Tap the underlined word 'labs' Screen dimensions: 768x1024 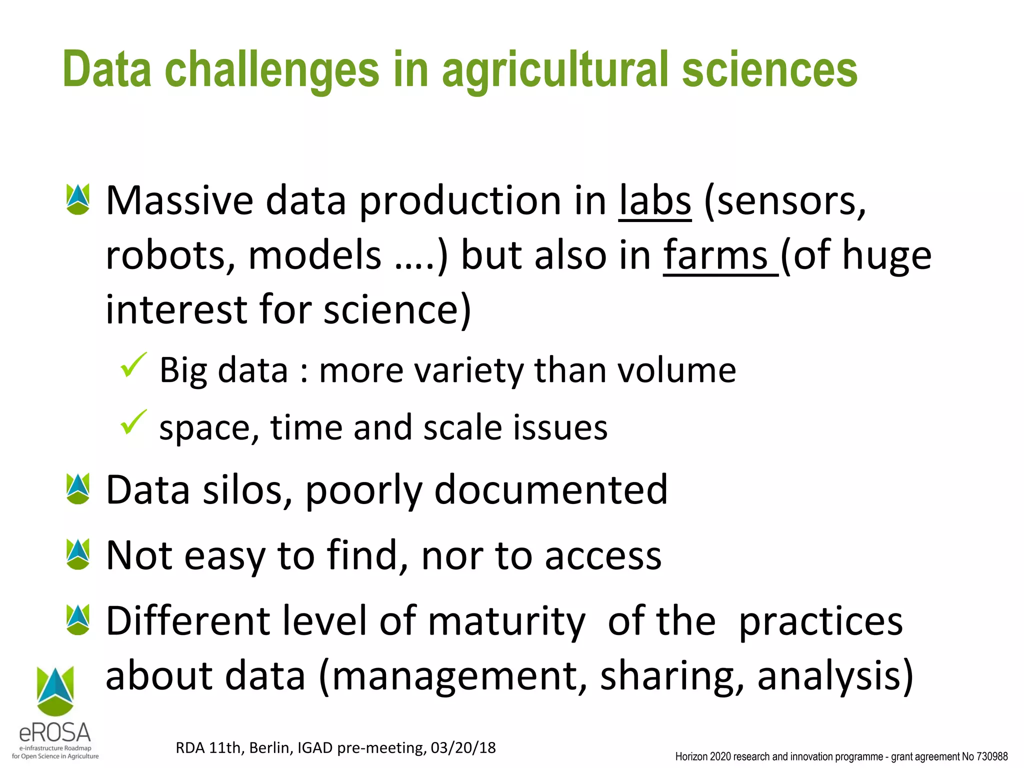pyautogui.click(x=655, y=201)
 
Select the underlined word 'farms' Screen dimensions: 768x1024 pyautogui.click(x=716, y=255)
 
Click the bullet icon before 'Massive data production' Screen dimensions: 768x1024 pyautogui.click(x=78, y=199)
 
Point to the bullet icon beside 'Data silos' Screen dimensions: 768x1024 pyautogui.click(x=78, y=488)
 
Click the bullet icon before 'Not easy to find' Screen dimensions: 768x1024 pyautogui.click(x=78, y=554)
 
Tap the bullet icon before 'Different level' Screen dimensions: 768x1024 pyautogui.click(x=78, y=620)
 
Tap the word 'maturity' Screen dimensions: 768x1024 pyautogui.click(x=506, y=621)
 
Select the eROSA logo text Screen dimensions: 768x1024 pyautogui.click(x=55, y=733)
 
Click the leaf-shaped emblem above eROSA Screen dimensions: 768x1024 pyautogui.click(x=55, y=690)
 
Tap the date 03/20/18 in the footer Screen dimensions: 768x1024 pyautogui.click(x=463, y=747)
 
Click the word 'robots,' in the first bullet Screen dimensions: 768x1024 pyautogui.click(x=170, y=255)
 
